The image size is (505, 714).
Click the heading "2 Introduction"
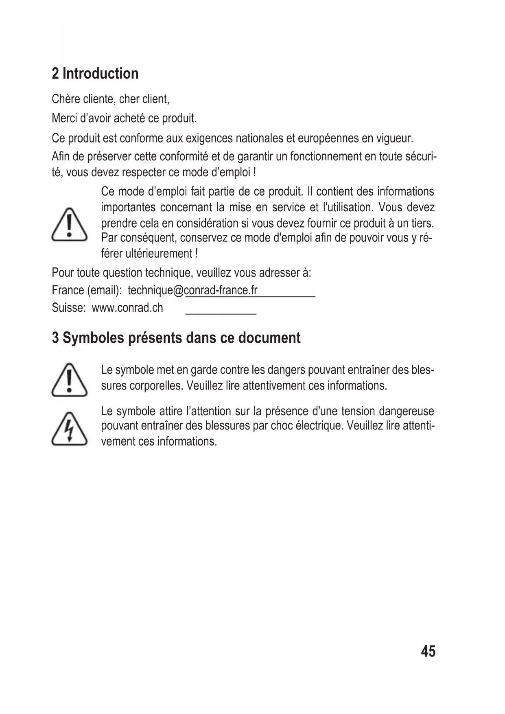95,74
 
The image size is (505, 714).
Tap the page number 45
428,651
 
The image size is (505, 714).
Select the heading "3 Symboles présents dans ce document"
176,338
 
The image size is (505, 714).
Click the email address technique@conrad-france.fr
192,290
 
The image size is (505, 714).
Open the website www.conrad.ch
127,308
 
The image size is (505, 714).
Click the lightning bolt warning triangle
69,429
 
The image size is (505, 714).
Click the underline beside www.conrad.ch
221,313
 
